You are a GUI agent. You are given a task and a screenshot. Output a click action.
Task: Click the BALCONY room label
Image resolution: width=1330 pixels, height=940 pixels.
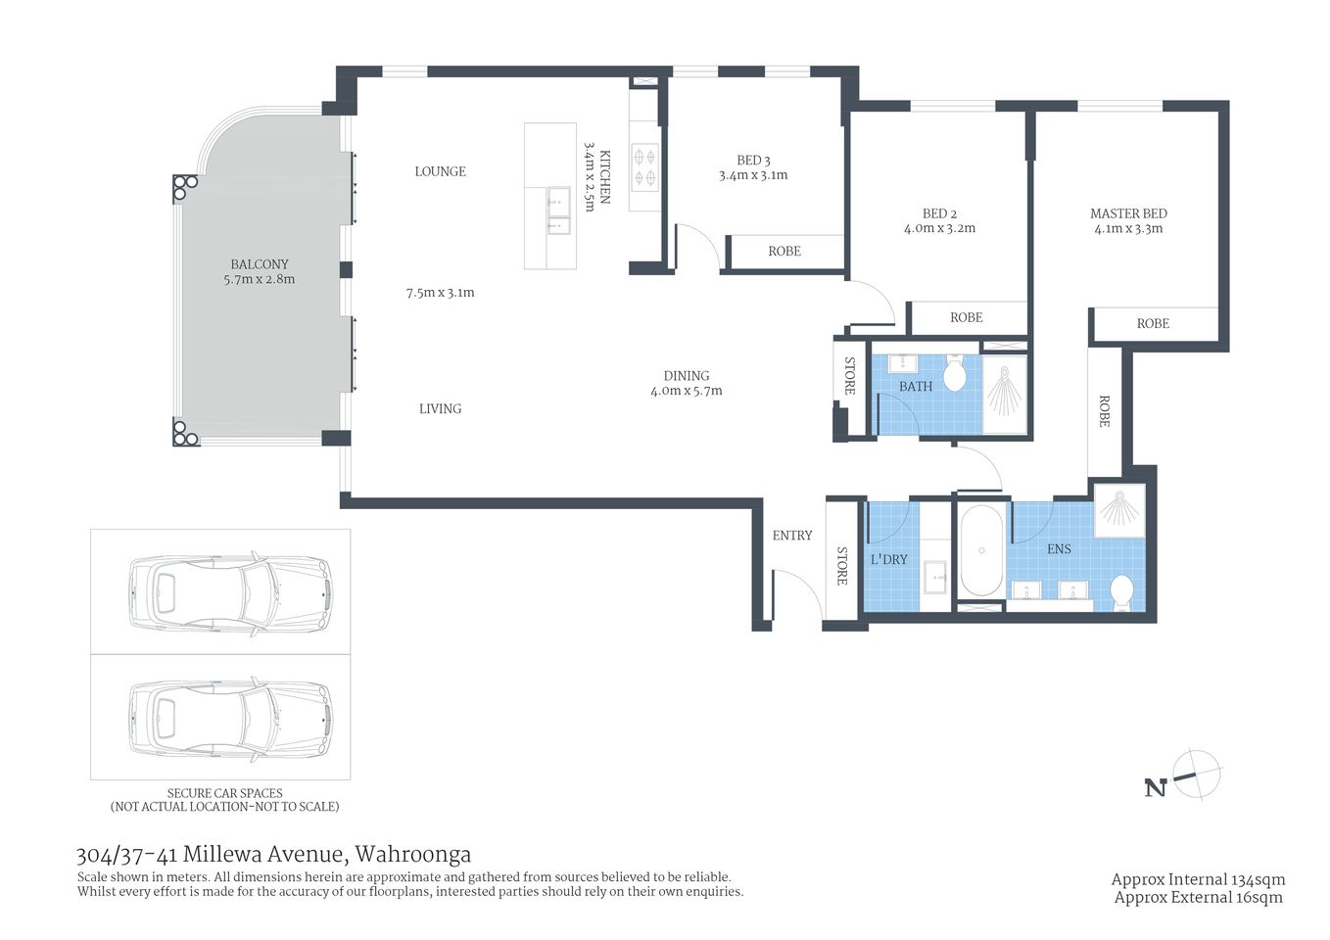click(x=260, y=264)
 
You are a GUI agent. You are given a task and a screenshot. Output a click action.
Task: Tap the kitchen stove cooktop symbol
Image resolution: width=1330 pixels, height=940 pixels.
click(x=644, y=166)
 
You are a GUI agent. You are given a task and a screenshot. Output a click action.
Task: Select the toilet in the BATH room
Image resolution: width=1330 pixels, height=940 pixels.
click(x=955, y=374)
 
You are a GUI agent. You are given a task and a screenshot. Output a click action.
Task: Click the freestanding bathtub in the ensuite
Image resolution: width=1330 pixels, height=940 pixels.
click(x=980, y=550)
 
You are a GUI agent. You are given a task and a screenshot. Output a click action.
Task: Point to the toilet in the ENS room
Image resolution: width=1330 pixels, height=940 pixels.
click(x=1121, y=591)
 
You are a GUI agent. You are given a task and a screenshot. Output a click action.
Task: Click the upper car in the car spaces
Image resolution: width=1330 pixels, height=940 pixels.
click(x=230, y=592)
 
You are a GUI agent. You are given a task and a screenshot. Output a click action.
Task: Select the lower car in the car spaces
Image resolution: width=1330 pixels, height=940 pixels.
click(x=230, y=717)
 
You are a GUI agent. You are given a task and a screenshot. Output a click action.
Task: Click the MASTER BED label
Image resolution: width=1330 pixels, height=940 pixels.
click(x=1128, y=213)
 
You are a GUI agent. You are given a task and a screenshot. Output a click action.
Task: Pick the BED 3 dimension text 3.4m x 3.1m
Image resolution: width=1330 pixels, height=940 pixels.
click(x=753, y=175)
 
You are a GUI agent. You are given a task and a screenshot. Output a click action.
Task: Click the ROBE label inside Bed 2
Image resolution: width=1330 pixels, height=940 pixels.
click(x=966, y=317)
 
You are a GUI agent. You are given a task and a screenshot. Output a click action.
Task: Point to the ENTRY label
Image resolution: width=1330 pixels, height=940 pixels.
click(x=791, y=536)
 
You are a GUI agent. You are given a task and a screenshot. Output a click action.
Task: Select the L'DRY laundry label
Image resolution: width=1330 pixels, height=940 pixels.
click(x=888, y=559)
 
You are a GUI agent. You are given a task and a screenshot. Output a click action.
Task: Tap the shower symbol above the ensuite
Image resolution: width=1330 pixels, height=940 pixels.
click(x=1118, y=509)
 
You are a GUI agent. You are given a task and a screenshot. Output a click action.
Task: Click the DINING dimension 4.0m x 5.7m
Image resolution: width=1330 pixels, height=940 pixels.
click(x=686, y=391)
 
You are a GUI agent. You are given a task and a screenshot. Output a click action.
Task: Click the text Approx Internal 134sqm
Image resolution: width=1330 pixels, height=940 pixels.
click(x=1198, y=879)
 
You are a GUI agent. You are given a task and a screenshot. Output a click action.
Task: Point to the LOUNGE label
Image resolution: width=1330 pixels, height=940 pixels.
click(x=440, y=171)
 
